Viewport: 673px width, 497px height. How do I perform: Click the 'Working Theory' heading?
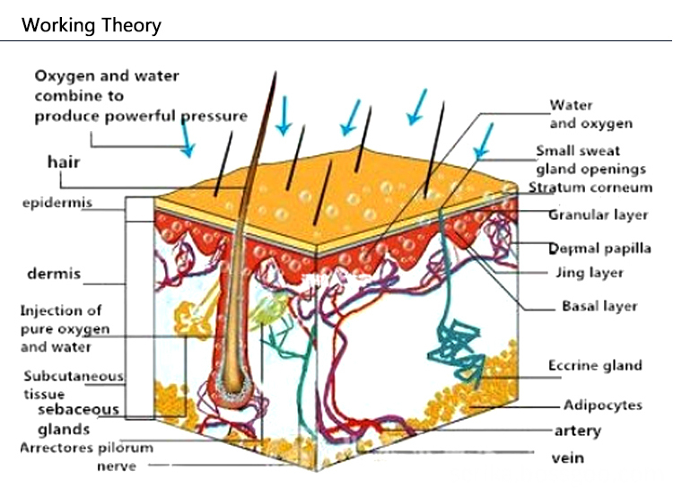click(92, 24)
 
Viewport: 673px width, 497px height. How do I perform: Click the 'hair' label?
click(64, 162)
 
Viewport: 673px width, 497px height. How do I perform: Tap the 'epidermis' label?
click(57, 203)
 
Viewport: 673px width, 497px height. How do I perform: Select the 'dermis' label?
click(55, 273)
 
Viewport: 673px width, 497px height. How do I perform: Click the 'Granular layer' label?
click(598, 215)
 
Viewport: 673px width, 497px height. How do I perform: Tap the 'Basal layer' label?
click(599, 306)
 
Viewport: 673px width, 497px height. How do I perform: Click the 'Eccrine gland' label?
click(595, 365)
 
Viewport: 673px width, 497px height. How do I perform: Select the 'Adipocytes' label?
click(602, 405)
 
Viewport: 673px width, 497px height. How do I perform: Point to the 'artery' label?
click(577, 431)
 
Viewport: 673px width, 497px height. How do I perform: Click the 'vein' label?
click(567, 458)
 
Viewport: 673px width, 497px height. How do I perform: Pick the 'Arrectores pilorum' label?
click(86, 448)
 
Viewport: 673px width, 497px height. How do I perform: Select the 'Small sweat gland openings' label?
click(590, 160)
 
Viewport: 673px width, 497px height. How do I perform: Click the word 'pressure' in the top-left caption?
click(214, 116)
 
